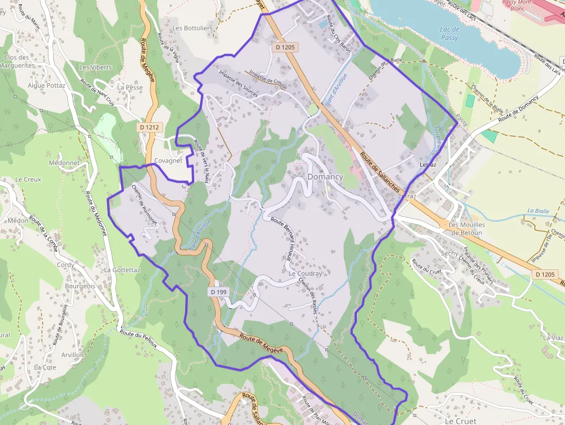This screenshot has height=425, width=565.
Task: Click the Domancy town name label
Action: [325, 177]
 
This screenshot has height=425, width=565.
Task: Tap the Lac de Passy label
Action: [449, 33]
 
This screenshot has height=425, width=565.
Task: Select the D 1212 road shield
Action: [149, 126]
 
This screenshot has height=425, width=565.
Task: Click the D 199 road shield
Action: [219, 292]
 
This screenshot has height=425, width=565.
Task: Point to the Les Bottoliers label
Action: [193, 28]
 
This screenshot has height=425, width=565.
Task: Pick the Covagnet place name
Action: [168, 161]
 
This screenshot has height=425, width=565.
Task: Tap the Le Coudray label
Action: [306, 273]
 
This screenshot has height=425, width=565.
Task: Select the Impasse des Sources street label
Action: [237, 82]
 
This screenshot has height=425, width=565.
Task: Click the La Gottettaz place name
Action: [122, 269]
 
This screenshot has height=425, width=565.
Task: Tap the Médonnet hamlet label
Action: [64, 163]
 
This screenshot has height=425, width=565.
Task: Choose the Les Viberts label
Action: [96, 67]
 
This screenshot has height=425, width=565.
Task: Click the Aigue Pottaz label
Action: [47, 85]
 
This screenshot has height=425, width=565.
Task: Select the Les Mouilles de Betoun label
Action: [467, 228]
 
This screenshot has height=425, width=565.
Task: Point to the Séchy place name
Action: [449, 253]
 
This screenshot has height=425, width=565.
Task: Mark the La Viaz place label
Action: [552, 337]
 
